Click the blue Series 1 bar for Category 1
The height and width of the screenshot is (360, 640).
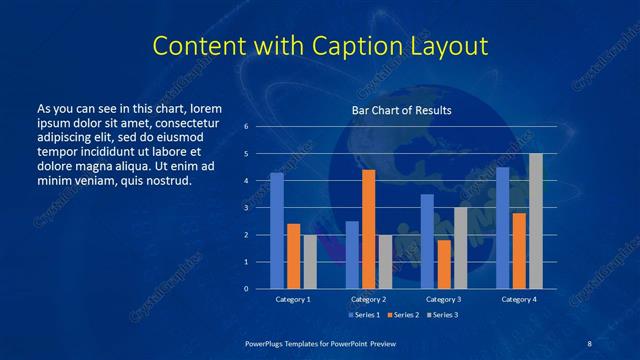pyautogui.click(x=277, y=231)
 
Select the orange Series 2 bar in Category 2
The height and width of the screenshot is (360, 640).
pyautogui.click(x=368, y=229)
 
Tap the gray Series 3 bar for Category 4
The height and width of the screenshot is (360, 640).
pyautogui.click(x=536, y=221)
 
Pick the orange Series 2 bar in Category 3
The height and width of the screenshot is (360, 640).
pyautogui.click(x=444, y=264)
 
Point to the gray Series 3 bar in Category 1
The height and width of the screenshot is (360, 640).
pyautogui.click(x=310, y=262)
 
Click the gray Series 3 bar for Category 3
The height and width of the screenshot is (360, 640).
pyautogui.click(x=460, y=248)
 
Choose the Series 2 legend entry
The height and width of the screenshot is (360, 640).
pyautogui.click(x=402, y=314)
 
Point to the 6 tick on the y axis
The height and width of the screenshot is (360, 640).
pyautogui.click(x=246, y=127)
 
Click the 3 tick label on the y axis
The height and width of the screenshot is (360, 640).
pyautogui.click(x=246, y=208)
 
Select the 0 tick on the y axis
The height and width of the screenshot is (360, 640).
pyautogui.click(x=246, y=289)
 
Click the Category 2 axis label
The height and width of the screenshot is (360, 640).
pyautogui.click(x=368, y=299)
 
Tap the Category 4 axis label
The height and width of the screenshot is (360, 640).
pyautogui.click(x=519, y=299)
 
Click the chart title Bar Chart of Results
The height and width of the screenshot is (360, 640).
pyautogui.click(x=401, y=110)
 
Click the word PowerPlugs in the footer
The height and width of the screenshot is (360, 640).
pyautogui.click(x=268, y=343)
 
